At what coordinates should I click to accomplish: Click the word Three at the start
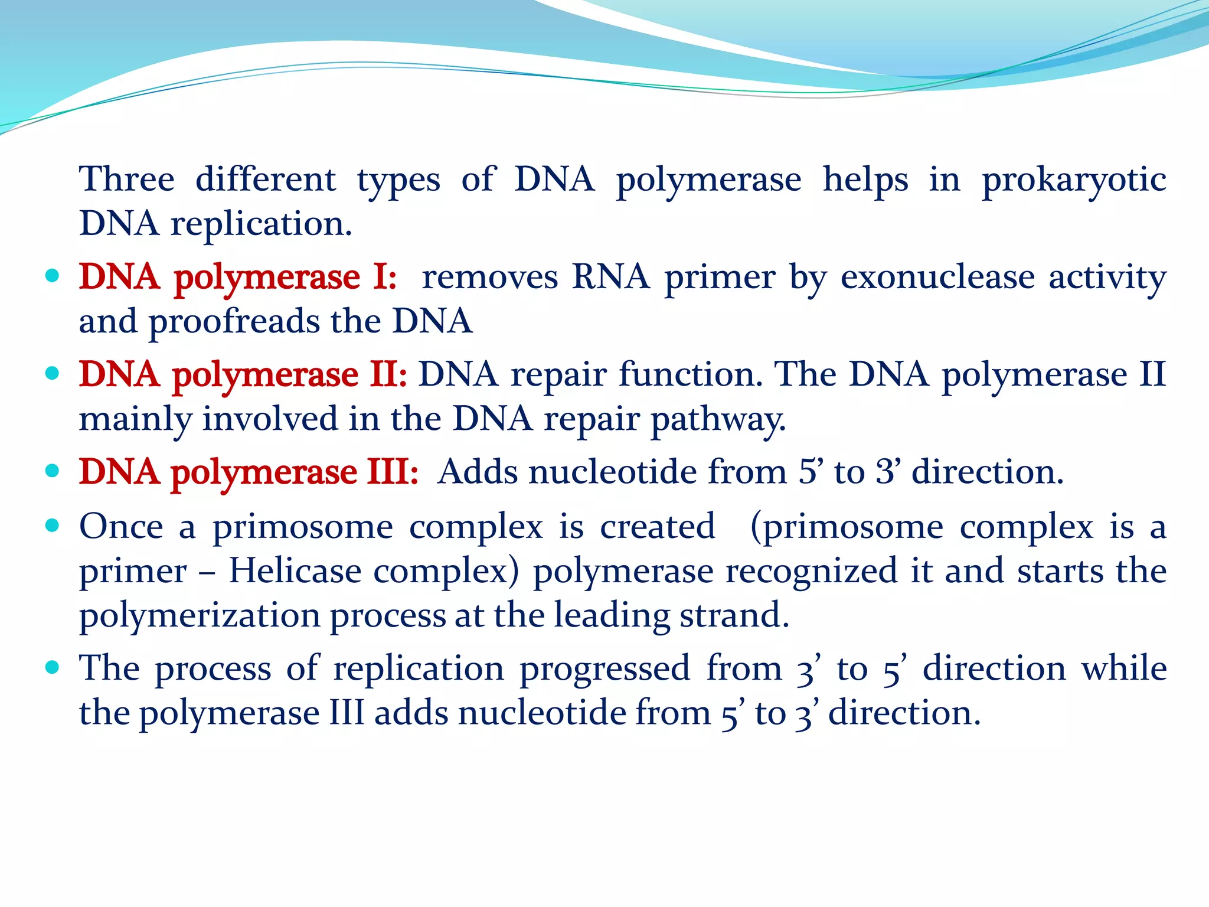pyautogui.click(x=127, y=179)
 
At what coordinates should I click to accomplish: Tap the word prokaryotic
pyautogui.click(x=1074, y=180)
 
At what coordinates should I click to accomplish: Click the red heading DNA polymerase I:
pyautogui.click(x=238, y=277)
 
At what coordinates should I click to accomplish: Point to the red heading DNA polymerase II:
pyautogui.click(x=243, y=375)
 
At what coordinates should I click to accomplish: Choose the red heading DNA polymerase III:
pyautogui.click(x=249, y=472)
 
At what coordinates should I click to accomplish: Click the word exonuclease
pyautogui.click(x=937, y=277)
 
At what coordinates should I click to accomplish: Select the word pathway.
pyautogui.click(x=718, y=420)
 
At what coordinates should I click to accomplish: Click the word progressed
pyautogui.click(x=604, y=669)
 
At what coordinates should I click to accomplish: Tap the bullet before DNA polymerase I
pyautogui.click(x=53, y=275)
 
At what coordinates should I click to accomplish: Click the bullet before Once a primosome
pyautogui.click(x=53, y=525)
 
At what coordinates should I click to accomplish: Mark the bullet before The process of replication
pyautogui.click(x=53, y=667)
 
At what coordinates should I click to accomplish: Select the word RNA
pyautogui.click(x=610, y=277)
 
